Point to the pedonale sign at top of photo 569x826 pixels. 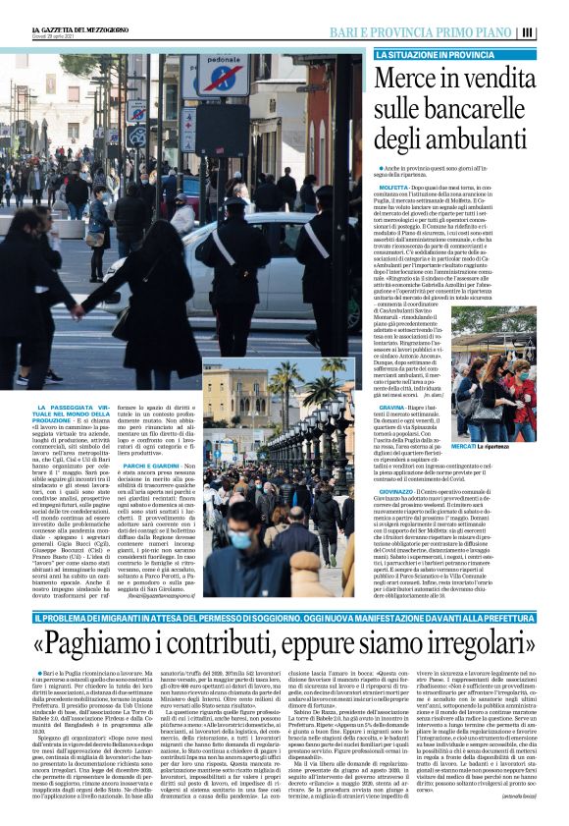225,73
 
